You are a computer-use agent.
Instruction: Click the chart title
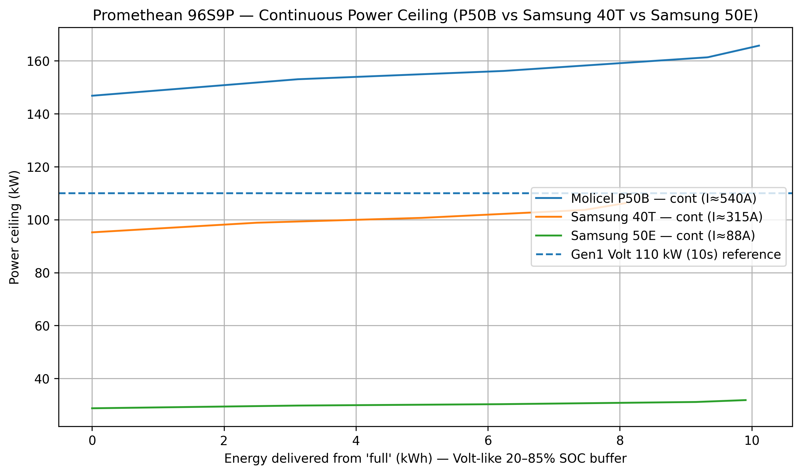(425, 15)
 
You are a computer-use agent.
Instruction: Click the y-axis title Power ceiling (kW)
(14, 227)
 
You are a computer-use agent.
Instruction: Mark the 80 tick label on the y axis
(42, 273)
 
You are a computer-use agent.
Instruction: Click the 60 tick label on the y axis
(42, 326)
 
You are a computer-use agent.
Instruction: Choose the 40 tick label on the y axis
(42, 379)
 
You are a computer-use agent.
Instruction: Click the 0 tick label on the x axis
(92, 441)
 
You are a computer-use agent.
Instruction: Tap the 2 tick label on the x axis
(224, 441)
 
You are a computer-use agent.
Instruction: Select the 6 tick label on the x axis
(488, 441)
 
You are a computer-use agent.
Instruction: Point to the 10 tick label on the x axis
(752, 441)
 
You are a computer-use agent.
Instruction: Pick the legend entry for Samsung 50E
(663, 236)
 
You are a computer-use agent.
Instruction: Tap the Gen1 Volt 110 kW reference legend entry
(675, 254)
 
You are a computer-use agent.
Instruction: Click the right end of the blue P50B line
(759, 46)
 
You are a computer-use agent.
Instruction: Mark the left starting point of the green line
(92, 408)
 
